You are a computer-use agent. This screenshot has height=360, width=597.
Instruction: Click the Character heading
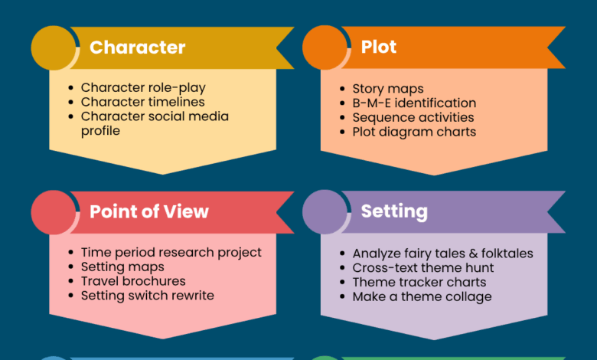click(137, 47)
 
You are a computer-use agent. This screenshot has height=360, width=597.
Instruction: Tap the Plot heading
click(379, 47)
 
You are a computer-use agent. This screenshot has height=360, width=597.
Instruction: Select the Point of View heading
click(148, 212)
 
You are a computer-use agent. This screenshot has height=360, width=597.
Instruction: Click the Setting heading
click(394, 212)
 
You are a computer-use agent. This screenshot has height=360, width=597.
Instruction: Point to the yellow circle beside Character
click(53, 47)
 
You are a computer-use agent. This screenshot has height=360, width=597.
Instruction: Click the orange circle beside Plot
click(325, 47)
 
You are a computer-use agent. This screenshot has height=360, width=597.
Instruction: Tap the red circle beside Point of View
click(53, 212)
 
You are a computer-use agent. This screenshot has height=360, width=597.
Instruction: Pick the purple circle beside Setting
click(325, 212)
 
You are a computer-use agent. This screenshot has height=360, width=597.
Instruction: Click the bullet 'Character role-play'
click(143, 88)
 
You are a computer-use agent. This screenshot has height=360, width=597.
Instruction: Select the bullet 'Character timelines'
click(142, 102)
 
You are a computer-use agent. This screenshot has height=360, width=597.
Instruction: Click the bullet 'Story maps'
click(388, 89)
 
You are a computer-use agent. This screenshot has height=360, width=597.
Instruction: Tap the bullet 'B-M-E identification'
click(414, 103)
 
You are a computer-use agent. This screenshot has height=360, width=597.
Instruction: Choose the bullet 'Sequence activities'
click(413, 117)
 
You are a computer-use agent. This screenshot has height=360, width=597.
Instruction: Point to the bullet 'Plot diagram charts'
click(414, 132)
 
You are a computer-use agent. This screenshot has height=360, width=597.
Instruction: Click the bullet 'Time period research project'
click(171, 253)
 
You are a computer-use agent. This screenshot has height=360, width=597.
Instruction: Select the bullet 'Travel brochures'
click(133, 281)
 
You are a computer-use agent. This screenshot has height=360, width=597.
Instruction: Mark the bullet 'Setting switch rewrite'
click(147, 296)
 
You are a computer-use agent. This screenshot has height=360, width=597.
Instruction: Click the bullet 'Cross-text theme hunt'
click(422, 268)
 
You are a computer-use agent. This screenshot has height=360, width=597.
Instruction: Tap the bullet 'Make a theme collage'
click(422, 296)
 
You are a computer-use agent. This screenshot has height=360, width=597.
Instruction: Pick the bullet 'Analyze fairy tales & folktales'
click(442, 254)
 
